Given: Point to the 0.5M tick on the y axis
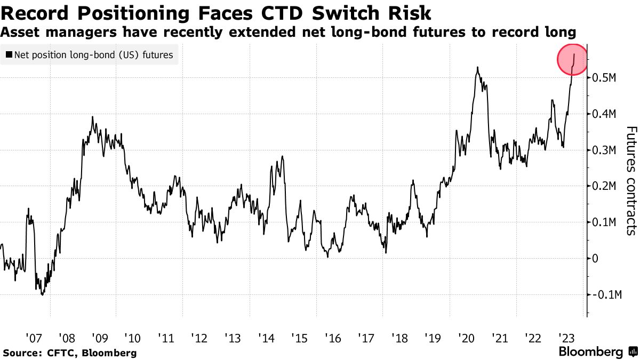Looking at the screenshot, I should tap(604, 78).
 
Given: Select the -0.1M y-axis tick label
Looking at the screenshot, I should tap(606, 294).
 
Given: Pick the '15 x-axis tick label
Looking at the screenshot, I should tap(299, 338).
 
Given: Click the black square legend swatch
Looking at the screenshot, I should tap(9, 55).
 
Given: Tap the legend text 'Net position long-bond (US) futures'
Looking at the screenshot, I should tap(94, 55).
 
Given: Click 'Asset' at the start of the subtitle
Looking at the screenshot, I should tap(19, 32).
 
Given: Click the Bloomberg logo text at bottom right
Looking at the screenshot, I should tap(590, 352).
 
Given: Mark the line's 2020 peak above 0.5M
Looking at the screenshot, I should tap(477, 67).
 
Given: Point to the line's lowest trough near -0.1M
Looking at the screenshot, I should tap(42, 295).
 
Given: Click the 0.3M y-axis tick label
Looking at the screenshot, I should tap(604, 150).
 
